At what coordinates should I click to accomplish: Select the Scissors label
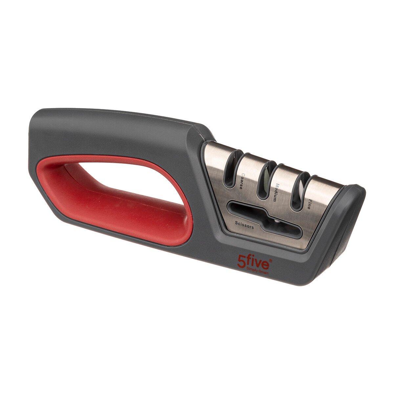click(244, 225)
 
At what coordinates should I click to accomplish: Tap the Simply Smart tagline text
click(258, 272)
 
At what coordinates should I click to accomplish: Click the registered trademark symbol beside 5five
click(271, 260)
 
